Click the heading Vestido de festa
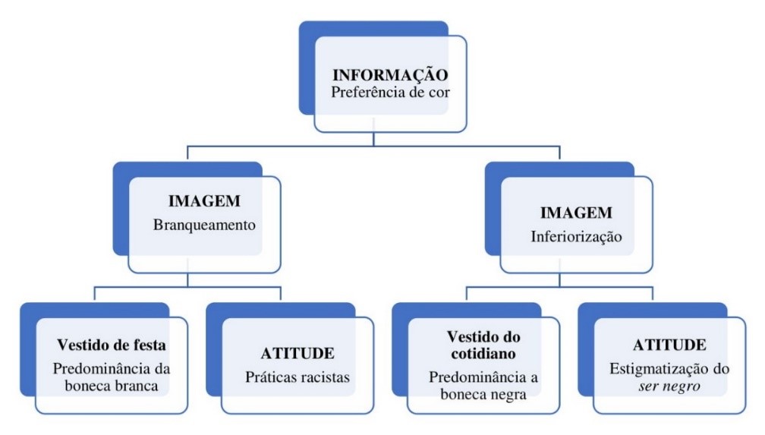tap(112, 345)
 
